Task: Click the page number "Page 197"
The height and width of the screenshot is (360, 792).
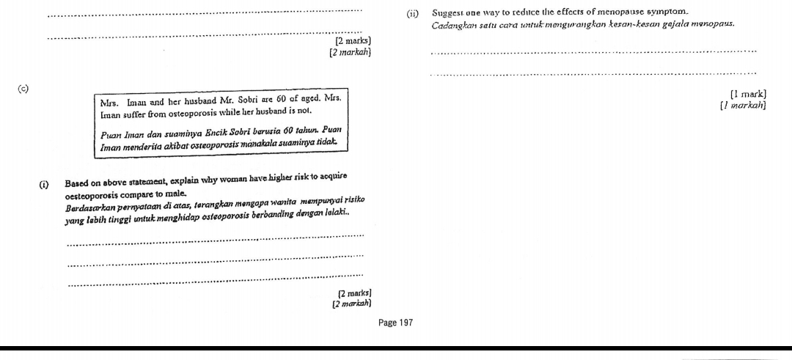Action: point(395,323)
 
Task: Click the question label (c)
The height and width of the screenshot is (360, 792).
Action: point(22,89)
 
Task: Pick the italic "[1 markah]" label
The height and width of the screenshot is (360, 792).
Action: point(743,106)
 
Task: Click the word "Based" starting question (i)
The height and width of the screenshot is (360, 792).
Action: point(76,183)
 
